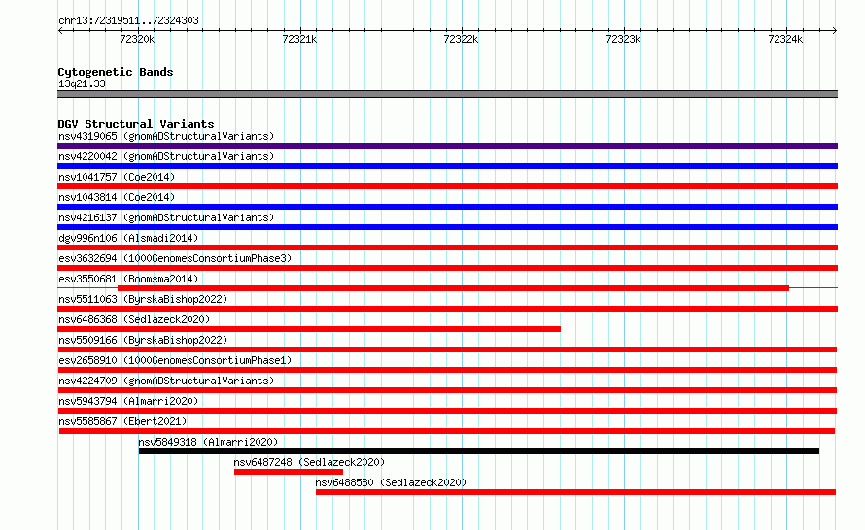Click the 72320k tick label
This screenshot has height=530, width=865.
point(137,39)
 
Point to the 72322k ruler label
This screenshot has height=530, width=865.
point(461,39)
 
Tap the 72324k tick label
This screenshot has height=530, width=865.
point(785,39)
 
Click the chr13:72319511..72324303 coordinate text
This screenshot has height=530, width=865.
point(128,20)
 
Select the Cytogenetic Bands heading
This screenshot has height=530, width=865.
point(116,72)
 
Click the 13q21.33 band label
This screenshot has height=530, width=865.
point(82,83)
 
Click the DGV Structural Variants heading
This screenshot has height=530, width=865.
point(136,124)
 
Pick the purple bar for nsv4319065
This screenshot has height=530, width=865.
point(447,146)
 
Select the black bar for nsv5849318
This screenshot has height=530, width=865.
point(479,451)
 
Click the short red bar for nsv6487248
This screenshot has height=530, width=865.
point(288,472)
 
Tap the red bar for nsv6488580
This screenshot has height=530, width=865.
point(575,492)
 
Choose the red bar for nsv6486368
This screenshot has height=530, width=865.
point(309,329)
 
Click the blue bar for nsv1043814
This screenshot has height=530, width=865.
point(447,207)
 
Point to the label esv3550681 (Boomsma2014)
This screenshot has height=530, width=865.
point(128,279)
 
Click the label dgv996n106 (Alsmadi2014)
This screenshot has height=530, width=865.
point(128,238)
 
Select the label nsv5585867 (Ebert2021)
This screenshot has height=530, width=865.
point(122,421)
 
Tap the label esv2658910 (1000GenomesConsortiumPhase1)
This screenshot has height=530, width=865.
point(175,360)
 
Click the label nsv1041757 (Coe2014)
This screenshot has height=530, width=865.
point(117,177)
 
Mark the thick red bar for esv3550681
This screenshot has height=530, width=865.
point(453,288)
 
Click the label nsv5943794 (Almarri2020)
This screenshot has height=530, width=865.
point(128,401)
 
